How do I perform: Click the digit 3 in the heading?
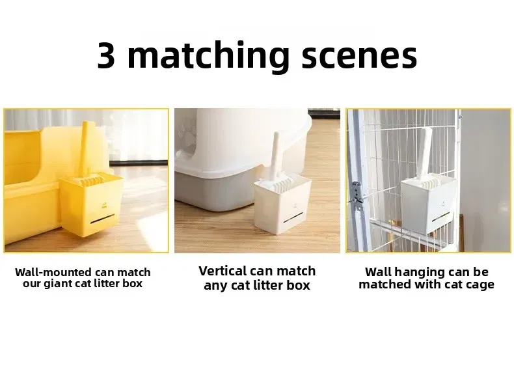pyautogui.click(x=107, y=56)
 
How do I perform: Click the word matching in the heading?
pyautogui.click(x=208, y=57)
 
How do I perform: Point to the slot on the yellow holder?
pyautogui.click(x=103, y=219)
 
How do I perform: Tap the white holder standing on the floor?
pyautogui.click(x=282, y=206)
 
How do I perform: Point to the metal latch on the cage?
pyautogui.click(x=357, y=197)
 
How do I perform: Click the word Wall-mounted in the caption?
pyautogui.click(x=53, y=272)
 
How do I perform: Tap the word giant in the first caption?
pyautogui.click(x=60, y=283)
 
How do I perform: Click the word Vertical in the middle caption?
pyautogui.click(x=223, y=271)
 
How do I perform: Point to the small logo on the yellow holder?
pyautogui.click(x=104, y=206)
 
